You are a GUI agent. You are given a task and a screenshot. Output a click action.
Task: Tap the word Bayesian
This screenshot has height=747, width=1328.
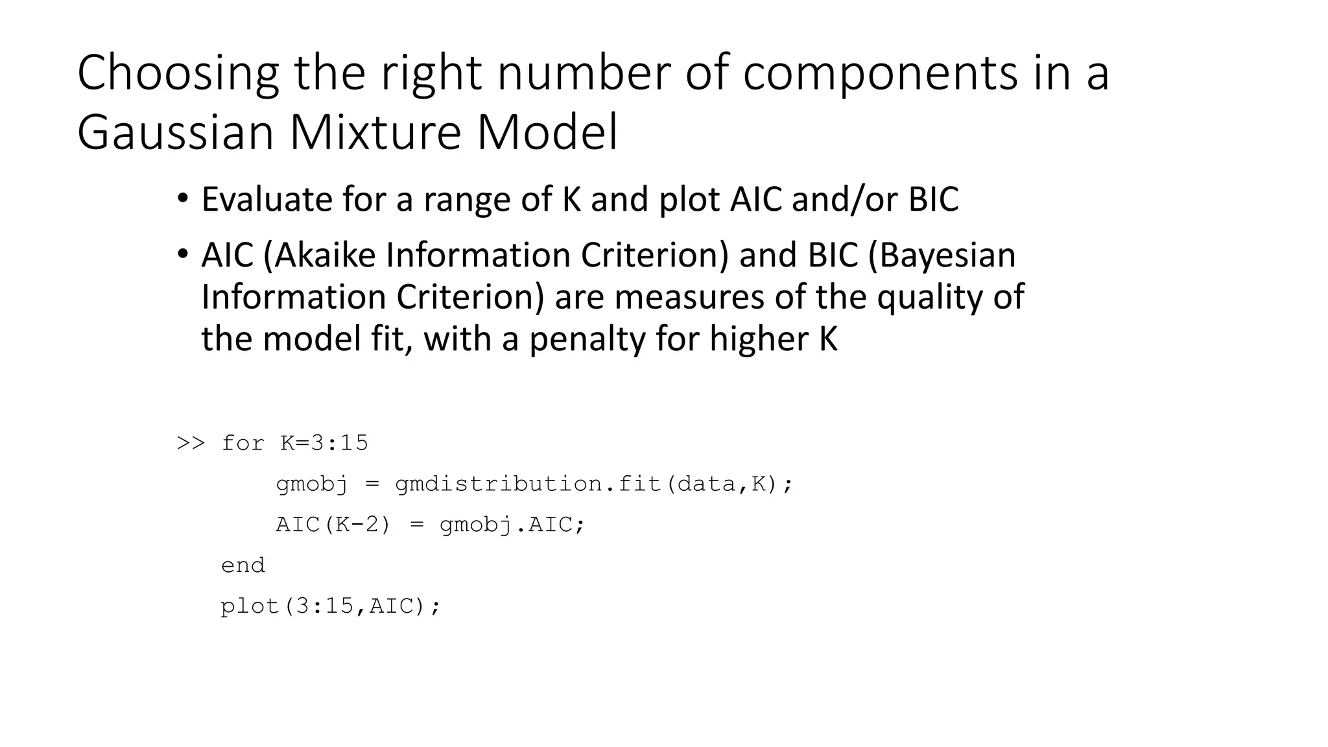tap(941, 255)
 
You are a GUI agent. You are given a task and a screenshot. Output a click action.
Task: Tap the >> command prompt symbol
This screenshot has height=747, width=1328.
tap(191, 443)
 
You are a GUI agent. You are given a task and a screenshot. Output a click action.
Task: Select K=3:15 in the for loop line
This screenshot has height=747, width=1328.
tap(324, 443)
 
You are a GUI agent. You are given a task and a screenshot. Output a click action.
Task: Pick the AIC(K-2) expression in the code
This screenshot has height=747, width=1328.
tap(333, 524)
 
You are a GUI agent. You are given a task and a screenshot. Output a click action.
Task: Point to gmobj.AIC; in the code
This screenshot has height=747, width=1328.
tap(512, 524)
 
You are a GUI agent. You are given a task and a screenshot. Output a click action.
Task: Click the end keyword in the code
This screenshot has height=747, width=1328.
tap(243, 565)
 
